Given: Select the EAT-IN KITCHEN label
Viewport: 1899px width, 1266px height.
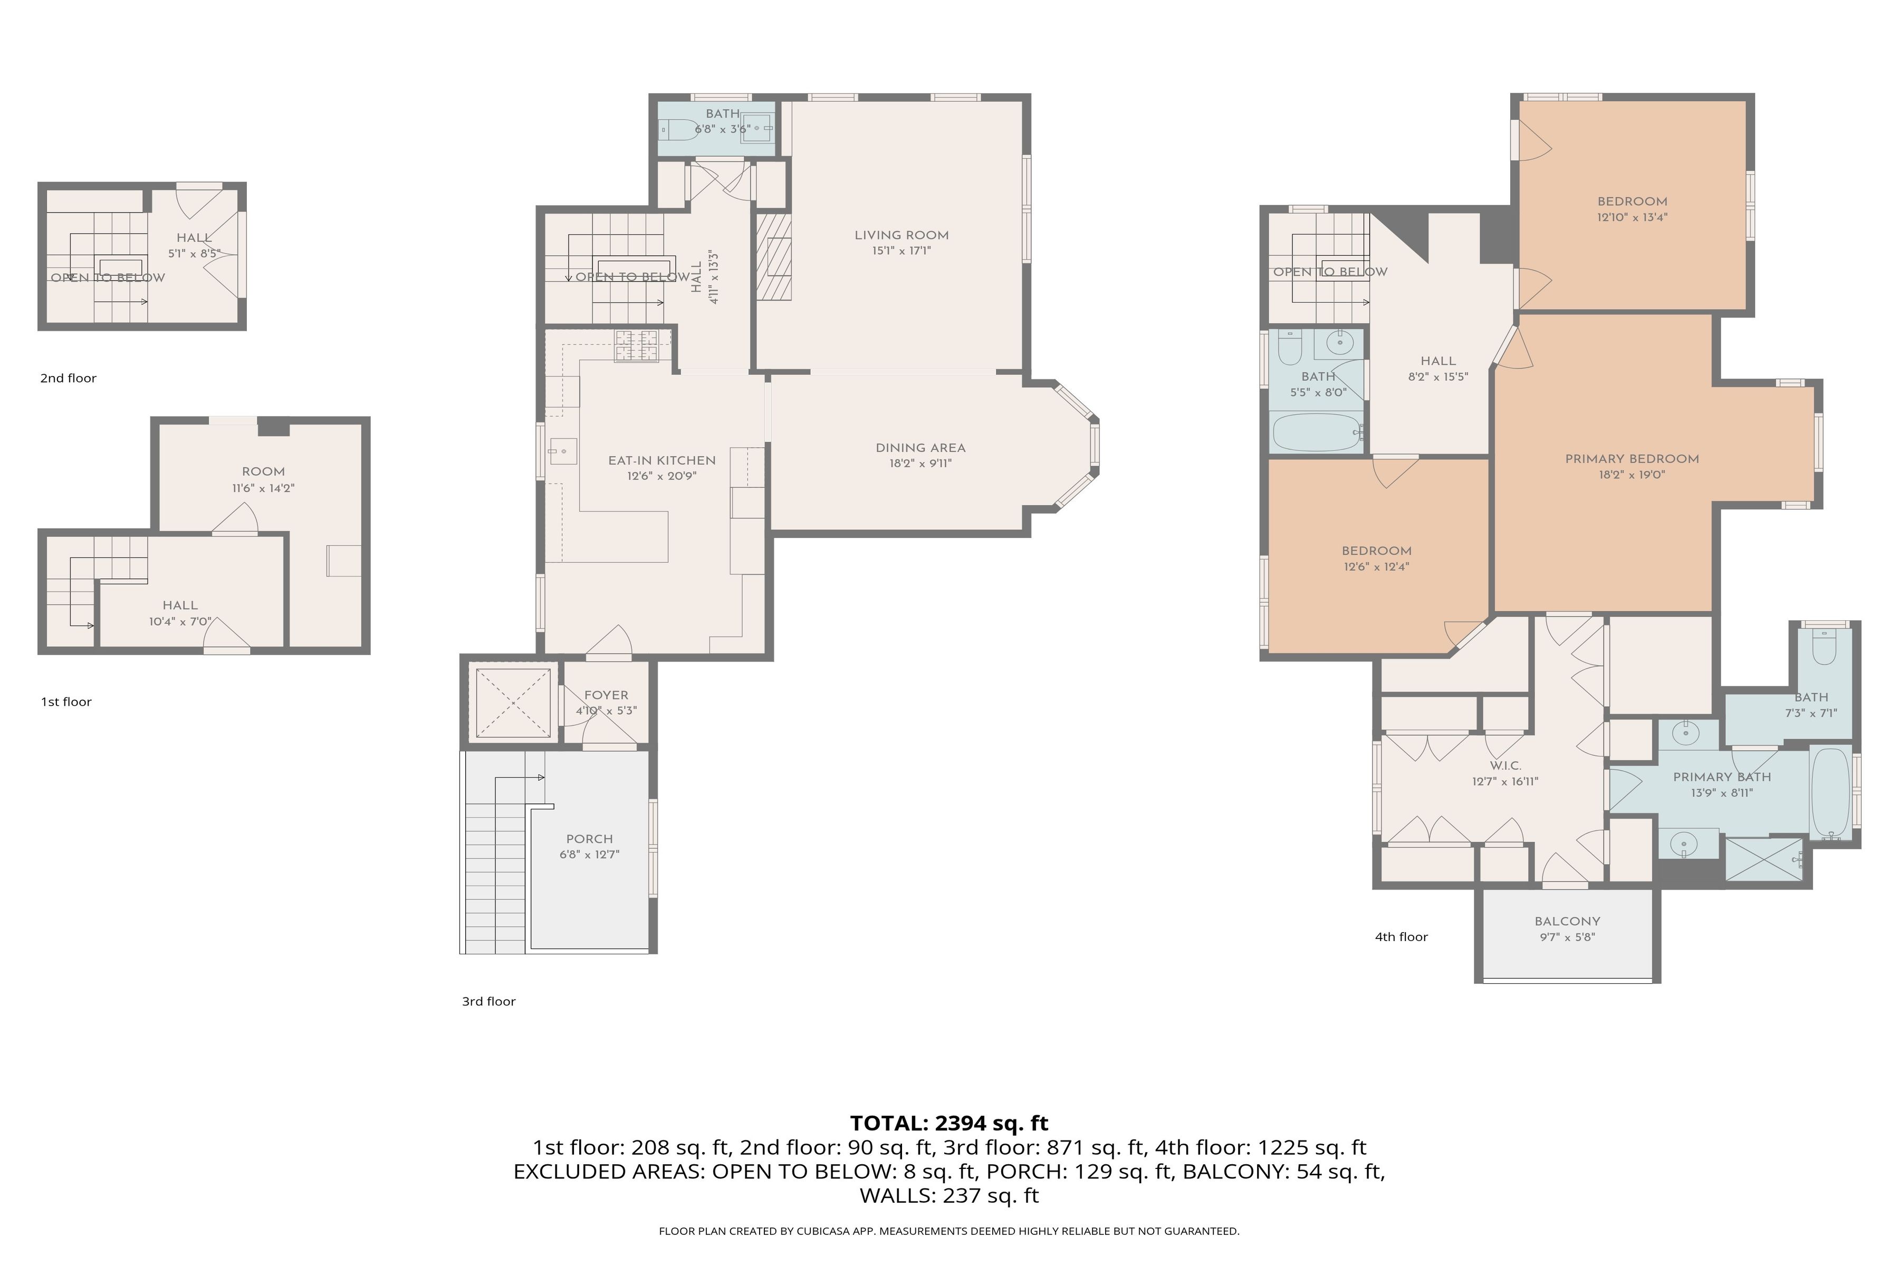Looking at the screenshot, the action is pos(662,460).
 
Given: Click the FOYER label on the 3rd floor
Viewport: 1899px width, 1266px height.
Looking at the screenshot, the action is pos(606,695).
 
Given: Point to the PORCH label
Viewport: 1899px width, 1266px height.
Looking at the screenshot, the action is pos(589,839).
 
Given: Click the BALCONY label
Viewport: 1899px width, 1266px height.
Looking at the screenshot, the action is pos(1567,921).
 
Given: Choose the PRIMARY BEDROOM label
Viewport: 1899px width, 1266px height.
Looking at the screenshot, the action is pos(1632,458).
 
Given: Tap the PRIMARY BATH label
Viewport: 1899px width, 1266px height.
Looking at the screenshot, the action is pos(1722,776).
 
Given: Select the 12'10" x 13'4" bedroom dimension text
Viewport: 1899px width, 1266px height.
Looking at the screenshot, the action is pos(1632,217).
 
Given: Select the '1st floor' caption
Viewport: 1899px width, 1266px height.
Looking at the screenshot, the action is pos(66,702).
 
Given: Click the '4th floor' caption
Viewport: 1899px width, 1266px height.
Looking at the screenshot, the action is pos(1401,937).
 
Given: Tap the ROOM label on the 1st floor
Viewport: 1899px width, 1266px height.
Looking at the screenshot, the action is pos(263,472).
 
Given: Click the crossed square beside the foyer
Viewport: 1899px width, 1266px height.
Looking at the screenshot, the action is pos(513,703).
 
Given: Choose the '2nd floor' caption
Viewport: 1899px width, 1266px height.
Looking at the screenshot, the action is pos(68,378).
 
